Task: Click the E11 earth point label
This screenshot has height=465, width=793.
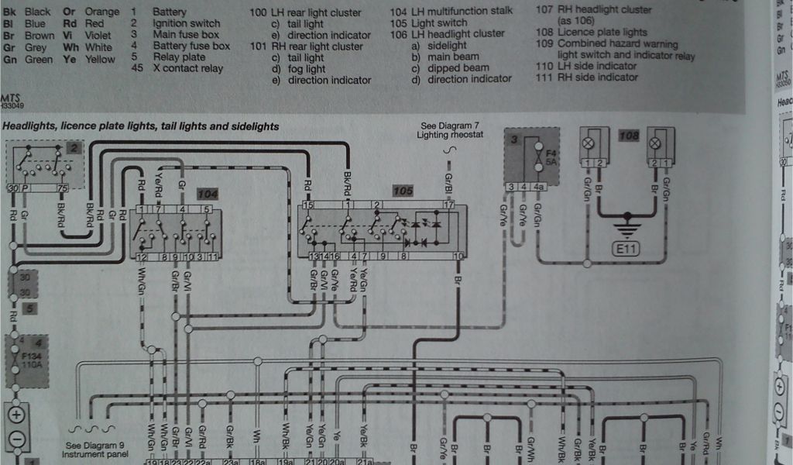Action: pos(626,250)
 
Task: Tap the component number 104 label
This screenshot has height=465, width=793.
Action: pos(208,193)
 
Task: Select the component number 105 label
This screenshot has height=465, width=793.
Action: pos(403,191)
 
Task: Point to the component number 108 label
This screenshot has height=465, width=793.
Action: pos(629,136)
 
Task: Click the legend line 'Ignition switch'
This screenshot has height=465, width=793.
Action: pos(186,23)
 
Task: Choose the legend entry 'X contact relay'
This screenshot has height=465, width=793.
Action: pos(188,68)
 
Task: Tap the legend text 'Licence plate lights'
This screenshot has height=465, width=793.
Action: pos(602,33)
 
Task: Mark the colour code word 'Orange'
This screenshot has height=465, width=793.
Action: pos(101,12)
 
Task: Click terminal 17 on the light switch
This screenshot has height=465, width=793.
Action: pos(448,205)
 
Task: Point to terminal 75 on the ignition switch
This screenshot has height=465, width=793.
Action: pos(62,188)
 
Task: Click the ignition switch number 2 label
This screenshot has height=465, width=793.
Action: pos(72,148)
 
